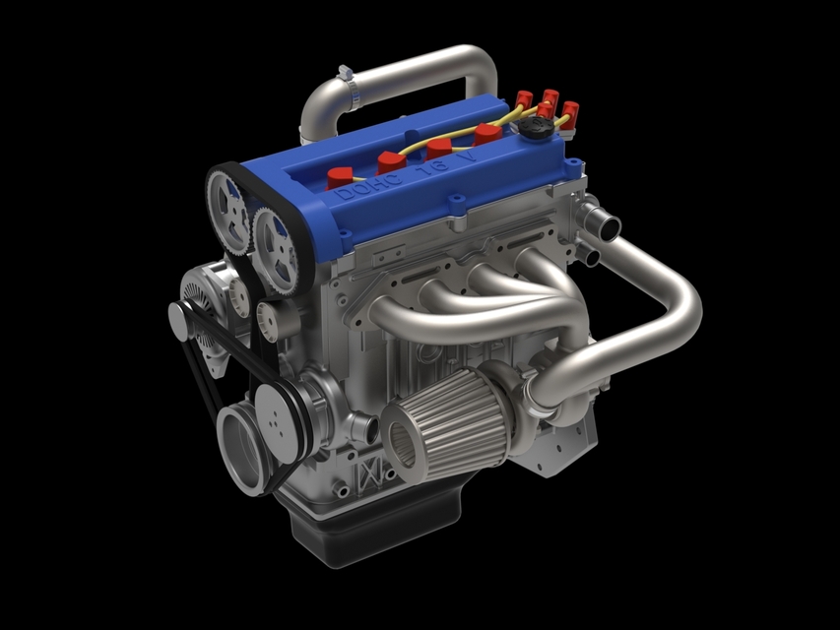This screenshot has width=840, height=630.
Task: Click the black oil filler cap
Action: coord(534,129)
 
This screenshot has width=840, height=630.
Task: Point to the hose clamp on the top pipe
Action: coord(344,75)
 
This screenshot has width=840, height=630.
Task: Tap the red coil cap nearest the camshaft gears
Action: coord(341,178)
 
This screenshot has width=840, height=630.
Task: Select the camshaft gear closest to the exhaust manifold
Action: coord(277,250)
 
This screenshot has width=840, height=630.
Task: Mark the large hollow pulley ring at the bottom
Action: coord(242,450)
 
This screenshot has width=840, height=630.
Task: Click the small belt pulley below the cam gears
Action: coord(268,319)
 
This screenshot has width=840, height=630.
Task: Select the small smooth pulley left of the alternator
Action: coord(177,321)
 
